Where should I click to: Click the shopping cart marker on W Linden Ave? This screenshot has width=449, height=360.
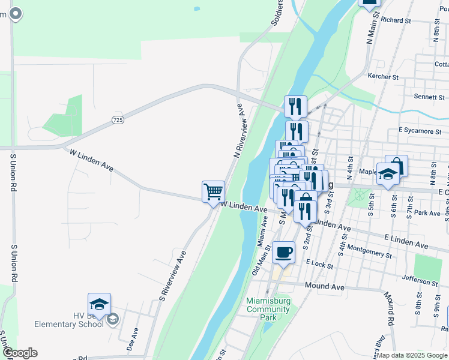click(x=213, y=192)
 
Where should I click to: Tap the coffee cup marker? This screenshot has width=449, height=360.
click(x=284, y=252)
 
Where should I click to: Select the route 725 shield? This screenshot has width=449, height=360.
click(x=118, y=121)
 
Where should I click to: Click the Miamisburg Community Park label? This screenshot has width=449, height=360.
click(x=268, y=309)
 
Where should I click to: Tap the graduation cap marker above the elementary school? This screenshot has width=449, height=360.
click(x=99, y=304)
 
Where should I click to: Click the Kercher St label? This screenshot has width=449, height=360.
click(x=383, y=77)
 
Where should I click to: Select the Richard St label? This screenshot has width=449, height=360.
click(x=396, y=20)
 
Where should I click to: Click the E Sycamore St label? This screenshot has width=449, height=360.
click(x=420, y=130)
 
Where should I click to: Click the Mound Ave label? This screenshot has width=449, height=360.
click(x=325, y=287)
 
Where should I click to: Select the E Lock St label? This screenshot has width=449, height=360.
click(x=318, y=263)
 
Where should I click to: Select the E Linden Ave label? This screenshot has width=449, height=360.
click(x=409, y=245)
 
